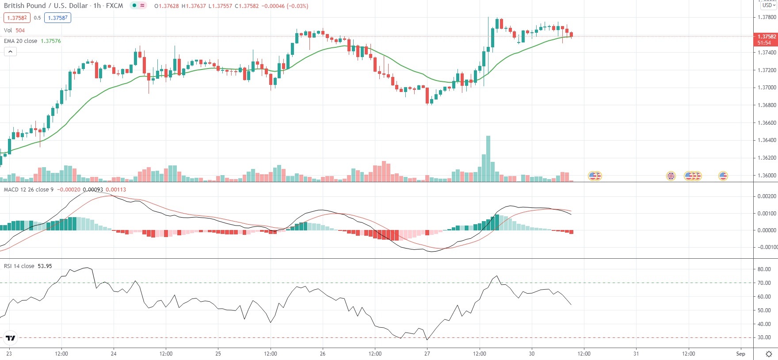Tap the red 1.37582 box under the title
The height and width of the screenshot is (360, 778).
(x=17, y=18)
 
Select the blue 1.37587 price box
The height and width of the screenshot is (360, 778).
(x=57, y=18)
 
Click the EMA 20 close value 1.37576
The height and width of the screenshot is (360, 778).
(x=51, y=41)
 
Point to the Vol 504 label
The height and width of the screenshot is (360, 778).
(x=14, y=31)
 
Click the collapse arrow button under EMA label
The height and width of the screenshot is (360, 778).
(x=10, y=52)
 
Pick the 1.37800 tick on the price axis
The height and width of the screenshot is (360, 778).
(x=767, y=17)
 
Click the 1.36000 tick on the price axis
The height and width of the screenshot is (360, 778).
(x=767, y=176)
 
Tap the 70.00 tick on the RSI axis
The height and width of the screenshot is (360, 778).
(x=764, y=283)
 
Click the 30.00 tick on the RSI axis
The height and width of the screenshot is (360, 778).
(x=764, y=337)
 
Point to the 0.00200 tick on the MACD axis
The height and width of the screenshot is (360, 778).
(x=767, y=196)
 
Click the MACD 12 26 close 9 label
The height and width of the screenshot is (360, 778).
(x=29, y=190)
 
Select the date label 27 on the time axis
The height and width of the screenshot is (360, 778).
(x=427, y=354)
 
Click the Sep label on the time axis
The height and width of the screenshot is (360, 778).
(x=740, y=354)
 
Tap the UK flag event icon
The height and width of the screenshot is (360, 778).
(x=671, y=176)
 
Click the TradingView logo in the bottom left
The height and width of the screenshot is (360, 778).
(x=10, y=338)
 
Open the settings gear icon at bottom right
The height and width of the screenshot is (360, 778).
(x=769, y=354)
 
